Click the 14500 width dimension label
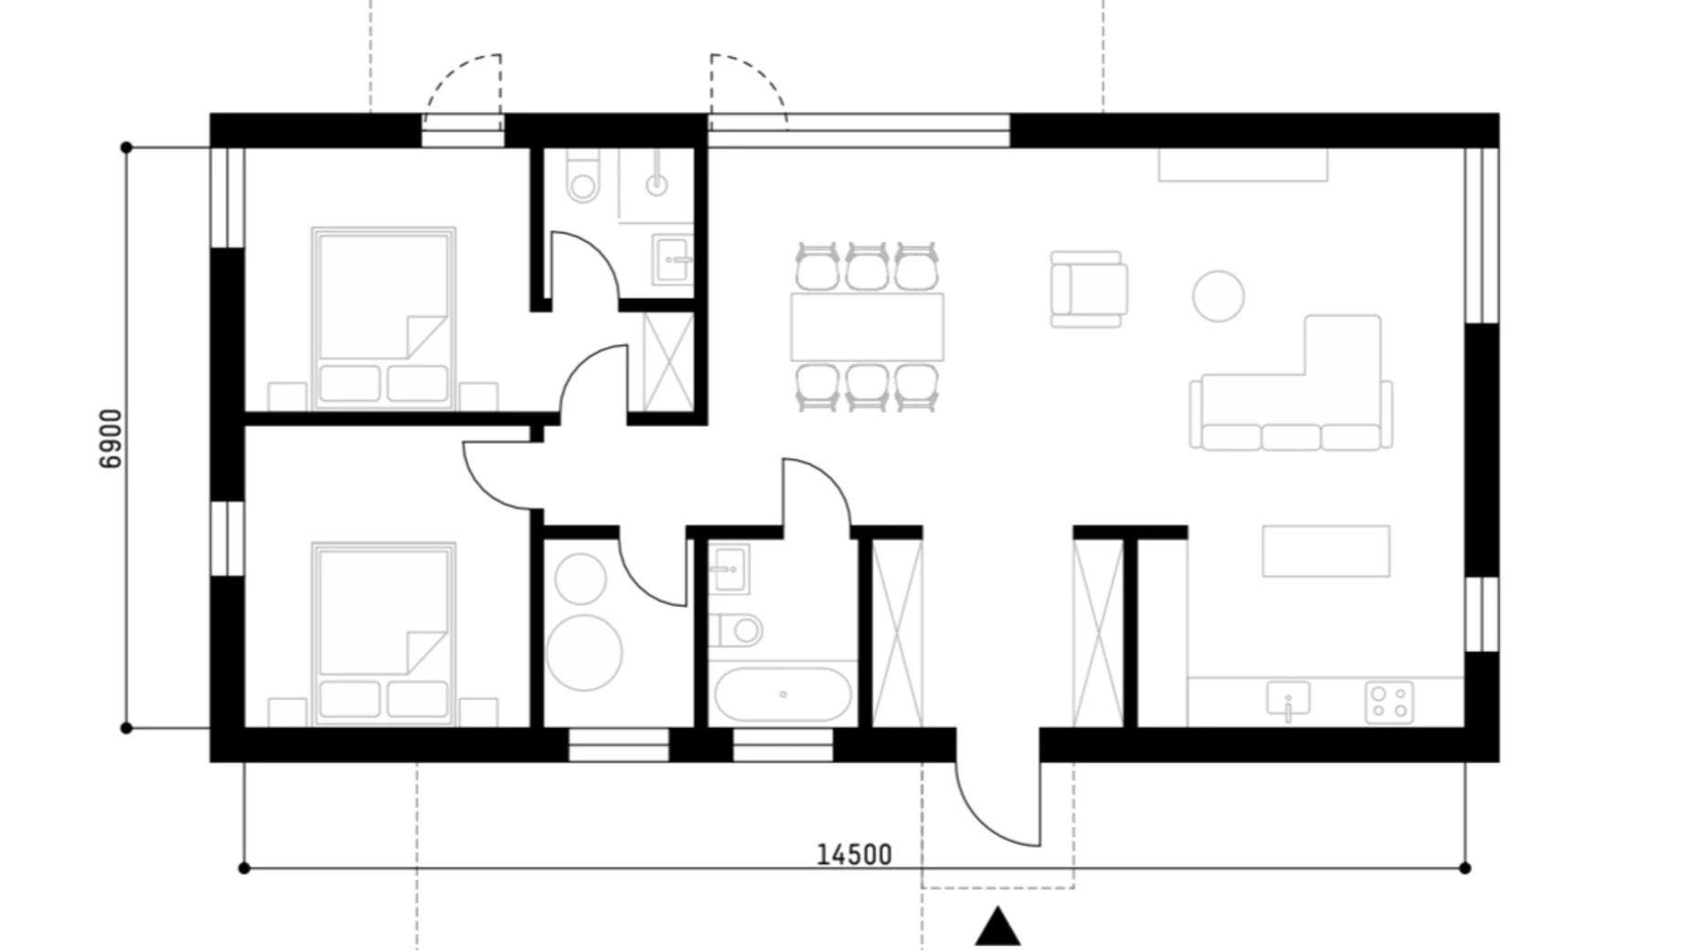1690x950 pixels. pos(853,854)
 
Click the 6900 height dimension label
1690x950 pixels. pos(110,439)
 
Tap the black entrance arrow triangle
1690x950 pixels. pos(998,925)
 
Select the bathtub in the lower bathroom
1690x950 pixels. pos(783,695)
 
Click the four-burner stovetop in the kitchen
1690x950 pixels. pos(1389,702)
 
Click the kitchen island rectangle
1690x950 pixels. pos(1326,551)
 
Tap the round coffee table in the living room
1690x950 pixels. pos(1218,296)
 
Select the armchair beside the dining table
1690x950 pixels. pos(1088,289)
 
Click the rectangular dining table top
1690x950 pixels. pos(867,326)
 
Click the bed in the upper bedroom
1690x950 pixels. pos(384,318)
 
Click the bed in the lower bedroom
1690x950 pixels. pos(384,635)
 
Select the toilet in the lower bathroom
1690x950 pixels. pos(735,629)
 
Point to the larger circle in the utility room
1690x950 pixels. pos(584,652)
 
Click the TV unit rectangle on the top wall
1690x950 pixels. pos(1242,164)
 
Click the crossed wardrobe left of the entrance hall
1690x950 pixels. pos(897,633)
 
